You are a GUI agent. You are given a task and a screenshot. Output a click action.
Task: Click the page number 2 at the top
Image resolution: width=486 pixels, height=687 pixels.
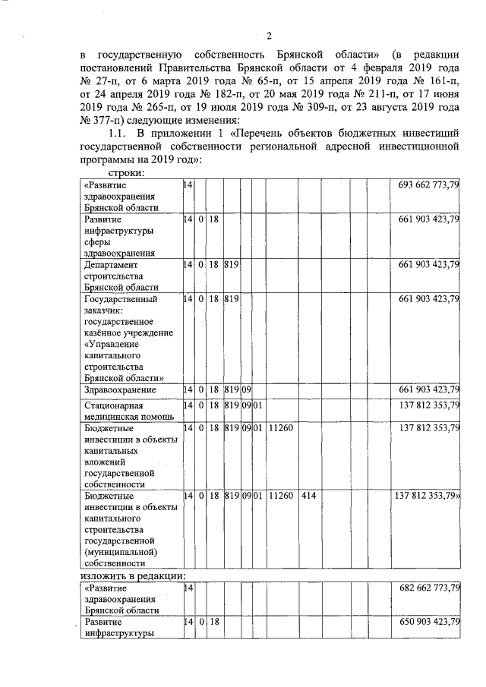(269, 33)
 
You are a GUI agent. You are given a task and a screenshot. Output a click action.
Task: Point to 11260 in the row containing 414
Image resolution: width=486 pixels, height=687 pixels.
(281, 496)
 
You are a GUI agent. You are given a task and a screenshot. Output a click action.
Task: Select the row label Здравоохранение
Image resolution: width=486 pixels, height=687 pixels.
(120, 390)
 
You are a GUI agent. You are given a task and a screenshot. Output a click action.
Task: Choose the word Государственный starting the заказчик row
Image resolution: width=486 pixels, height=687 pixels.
(121, 299)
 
